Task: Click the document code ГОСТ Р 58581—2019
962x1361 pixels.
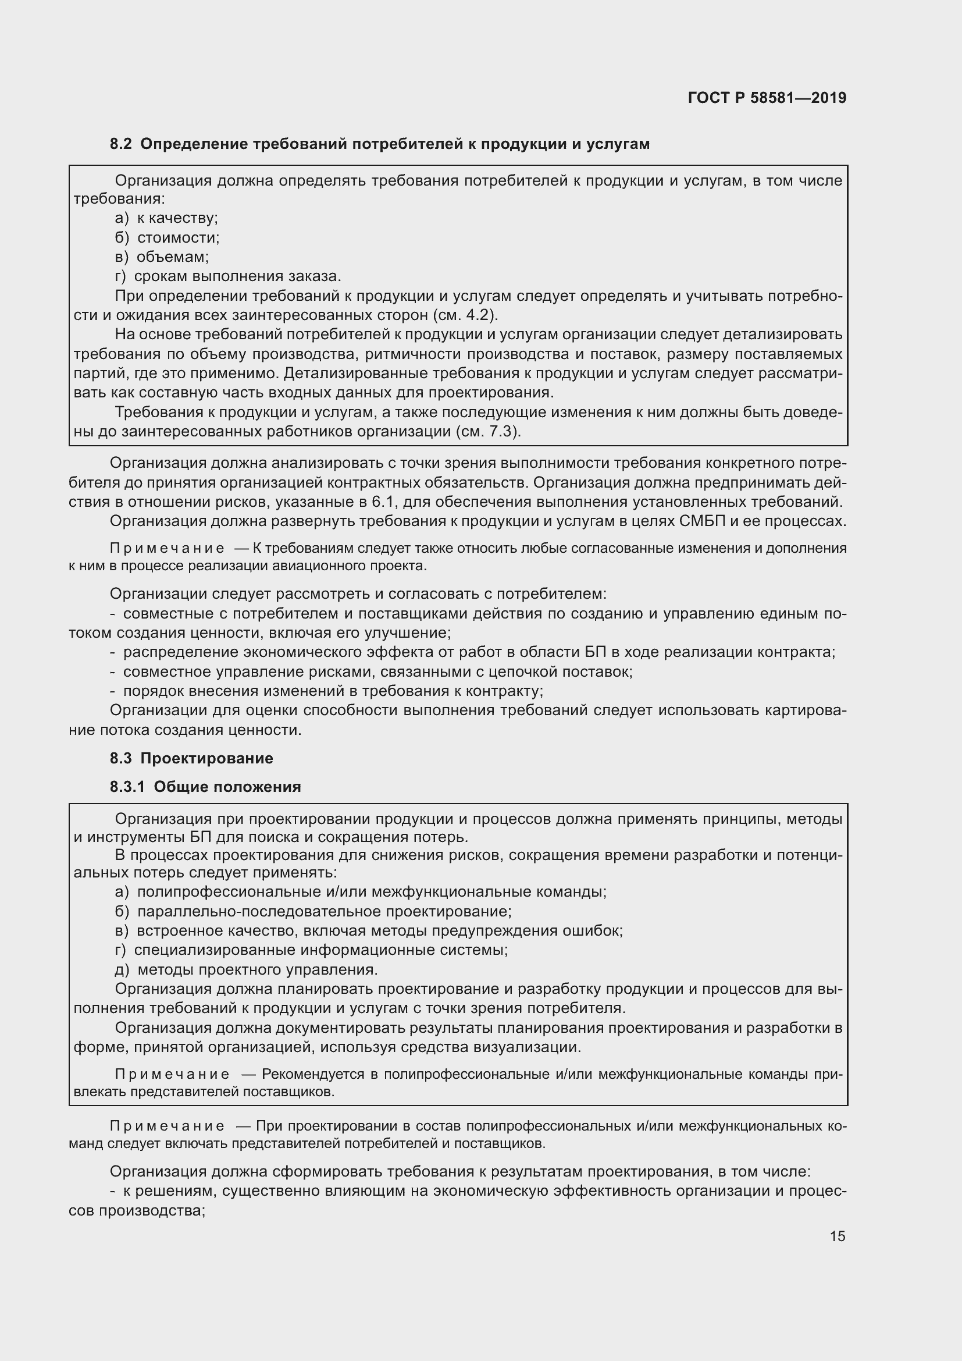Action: click(767, 98)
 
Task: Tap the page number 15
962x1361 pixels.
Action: click(837, 1236)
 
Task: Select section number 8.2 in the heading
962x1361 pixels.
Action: click(120, 144)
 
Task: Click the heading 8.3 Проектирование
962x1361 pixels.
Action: click(191, 758)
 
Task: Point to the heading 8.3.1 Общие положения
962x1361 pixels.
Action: click(205, 787)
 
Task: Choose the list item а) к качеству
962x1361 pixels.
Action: click(166, 218)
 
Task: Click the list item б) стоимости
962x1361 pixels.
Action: click(167, 238)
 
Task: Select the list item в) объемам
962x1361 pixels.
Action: click(162, 257)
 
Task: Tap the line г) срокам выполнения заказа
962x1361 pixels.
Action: click(228, 276)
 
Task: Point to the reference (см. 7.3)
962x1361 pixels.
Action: click(489, 431)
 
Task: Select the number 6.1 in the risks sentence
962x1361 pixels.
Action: click(387, 502)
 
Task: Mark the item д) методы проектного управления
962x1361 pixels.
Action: click(247, 969)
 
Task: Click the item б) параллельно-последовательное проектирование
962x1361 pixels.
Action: click(313, 911)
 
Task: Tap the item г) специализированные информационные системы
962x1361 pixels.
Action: click(312, 950)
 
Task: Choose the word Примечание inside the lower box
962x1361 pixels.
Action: click(172, 1074)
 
